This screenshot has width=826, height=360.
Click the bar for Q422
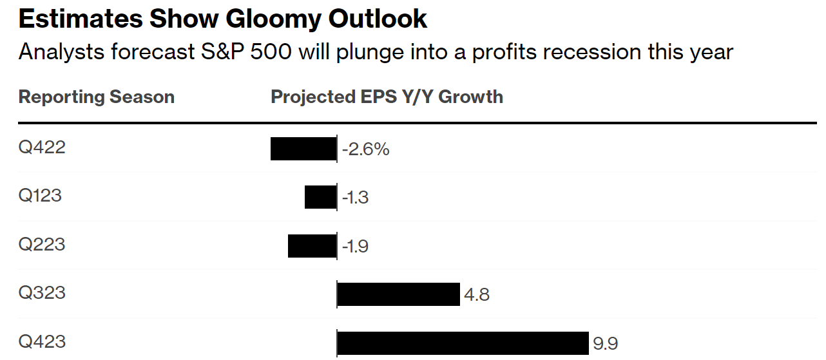click(x=303, y=149)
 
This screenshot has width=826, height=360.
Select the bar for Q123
click(x=320, y=197)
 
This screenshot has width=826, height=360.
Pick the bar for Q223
click(x=312, y=246)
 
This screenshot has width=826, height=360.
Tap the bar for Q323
click(x=398, y=294)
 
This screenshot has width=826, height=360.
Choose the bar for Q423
click(x=463, y=343)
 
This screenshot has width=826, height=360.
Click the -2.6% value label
click(x=365, y=150)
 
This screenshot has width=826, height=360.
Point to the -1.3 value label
click(x=355, y=198)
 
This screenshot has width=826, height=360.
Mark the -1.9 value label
click(x=355, y=247)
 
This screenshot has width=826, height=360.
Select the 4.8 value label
click(x=477, y=296)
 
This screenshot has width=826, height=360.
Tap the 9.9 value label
click(x=606, y=344)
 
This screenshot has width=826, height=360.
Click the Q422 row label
click(x=42, y=147)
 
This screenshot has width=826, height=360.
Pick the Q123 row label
click(x=40, y=196)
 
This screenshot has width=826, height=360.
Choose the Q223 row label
click(x=42, y=245)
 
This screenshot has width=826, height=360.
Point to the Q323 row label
click(x=42, y=293)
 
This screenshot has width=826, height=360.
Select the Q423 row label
click(x=42, y=341)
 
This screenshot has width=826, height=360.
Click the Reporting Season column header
click(x=97, y=97)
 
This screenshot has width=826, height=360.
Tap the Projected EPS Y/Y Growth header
click(x=387, y=97)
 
